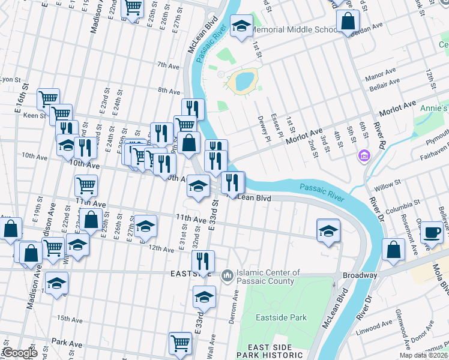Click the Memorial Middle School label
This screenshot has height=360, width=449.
pos(295,29)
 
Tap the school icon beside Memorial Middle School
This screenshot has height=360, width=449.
pos(241,26)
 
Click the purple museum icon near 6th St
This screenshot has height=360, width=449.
pos(362,157)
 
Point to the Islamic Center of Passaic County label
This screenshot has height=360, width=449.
pos(268,277)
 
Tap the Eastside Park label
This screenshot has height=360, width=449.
pos(281,317)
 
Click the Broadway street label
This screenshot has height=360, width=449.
pos(360,275)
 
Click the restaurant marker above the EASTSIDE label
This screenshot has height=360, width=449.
pos(203,262)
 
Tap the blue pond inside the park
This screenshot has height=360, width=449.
pos(245,79)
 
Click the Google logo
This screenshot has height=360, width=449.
pos(20,353)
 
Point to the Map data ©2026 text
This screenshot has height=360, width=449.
pos(424,355)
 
